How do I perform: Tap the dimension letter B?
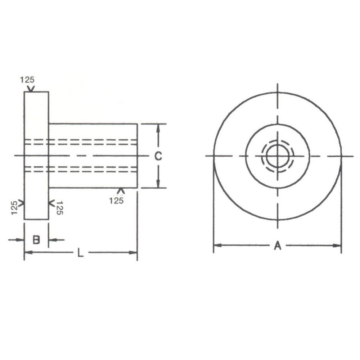[36, 240]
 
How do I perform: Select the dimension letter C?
[158, 156]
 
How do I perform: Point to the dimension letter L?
[81, 253]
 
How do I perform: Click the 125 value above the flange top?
[27, 80]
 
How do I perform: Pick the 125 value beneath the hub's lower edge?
[116, 201]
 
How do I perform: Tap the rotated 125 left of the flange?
[14, 208]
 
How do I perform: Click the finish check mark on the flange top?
[31, 88]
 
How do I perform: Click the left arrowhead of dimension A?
[217, 246]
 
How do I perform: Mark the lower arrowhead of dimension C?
[158, 184]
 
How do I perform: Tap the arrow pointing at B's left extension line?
[20, 240]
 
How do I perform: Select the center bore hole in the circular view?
[278, 156]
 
